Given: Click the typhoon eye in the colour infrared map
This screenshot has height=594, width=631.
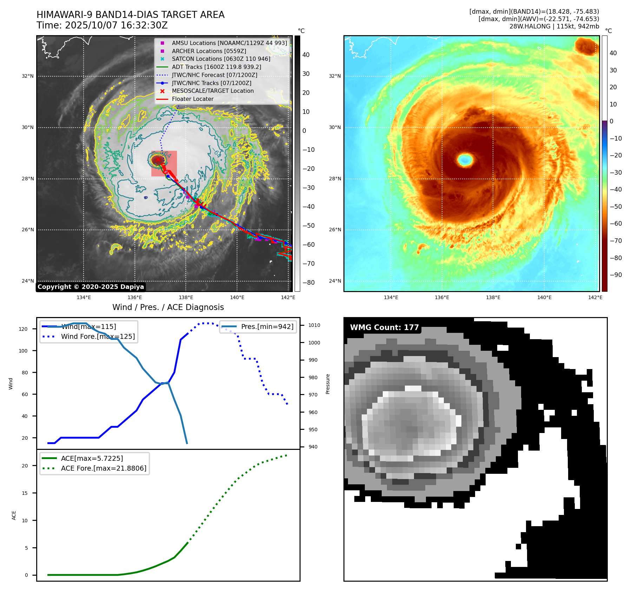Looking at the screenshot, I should [465, 160].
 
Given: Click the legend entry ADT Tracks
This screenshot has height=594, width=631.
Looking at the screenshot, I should [216, 67].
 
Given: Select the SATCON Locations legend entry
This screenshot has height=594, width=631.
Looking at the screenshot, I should [221, 59].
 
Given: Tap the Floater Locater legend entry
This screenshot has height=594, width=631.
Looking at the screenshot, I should [192, 99].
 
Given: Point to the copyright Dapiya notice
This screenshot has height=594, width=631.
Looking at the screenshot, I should [91, 287].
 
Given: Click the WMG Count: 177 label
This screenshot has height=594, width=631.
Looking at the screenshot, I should [384, 328].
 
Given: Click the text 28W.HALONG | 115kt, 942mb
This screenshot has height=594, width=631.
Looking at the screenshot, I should [554, 26].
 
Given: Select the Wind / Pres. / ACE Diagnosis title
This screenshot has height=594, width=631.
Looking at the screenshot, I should [168, 307].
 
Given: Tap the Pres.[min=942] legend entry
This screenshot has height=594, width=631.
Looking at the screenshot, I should [267, 327].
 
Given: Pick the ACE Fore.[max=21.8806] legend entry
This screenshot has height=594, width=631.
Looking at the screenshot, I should [104, 468].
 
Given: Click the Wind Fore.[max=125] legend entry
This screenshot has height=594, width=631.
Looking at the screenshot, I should [98, 336].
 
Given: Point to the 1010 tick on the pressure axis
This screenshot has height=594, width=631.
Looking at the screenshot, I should [314, 325].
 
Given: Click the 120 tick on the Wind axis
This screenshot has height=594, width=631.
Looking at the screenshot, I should [23, 329].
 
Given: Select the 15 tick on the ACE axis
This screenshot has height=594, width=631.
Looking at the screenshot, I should [25, 493].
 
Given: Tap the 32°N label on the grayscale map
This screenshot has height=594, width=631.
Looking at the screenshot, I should [28, 76].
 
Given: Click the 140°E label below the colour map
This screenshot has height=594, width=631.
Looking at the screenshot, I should [544, 297].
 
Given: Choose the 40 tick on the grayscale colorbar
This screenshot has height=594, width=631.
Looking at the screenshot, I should [306, 55].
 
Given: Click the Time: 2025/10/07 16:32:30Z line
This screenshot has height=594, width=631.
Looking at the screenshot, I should [102, 25].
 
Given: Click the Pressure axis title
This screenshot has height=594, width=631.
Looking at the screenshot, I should [328, 384].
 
